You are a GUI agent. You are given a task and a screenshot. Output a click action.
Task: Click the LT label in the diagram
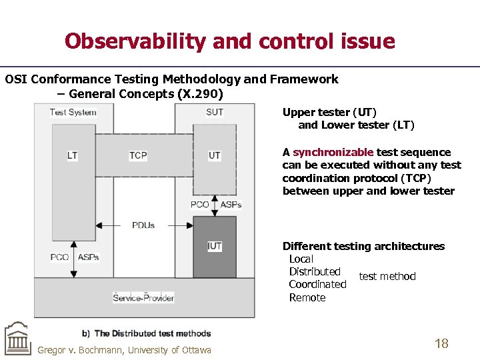coord(72,155)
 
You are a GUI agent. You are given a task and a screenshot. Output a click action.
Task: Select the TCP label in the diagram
coord(138,155)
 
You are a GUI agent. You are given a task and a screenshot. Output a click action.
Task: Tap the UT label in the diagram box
coord(214,155)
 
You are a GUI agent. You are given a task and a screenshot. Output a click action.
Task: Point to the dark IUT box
coord(215,247)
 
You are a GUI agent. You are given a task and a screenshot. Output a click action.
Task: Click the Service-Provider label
coord(143,298)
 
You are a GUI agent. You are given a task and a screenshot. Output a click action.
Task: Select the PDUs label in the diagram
coord(143,225)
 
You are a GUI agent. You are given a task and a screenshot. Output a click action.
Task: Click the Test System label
coord(73,112)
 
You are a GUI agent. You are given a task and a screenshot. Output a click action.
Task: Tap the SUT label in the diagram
coord(215,112)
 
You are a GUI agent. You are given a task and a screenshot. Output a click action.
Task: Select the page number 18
coord(441,344)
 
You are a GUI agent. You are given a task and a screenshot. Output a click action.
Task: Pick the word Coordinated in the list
coord(317,284)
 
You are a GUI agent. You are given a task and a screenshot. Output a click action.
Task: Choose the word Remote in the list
coord(307,297)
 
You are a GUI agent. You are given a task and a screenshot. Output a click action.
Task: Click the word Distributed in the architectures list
coord(315,271)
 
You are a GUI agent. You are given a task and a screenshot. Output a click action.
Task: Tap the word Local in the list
coord(301,259)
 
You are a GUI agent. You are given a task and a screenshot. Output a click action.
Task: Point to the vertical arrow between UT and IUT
coord(214,205)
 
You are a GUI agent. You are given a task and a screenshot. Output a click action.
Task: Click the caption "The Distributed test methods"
coord(152,333)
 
